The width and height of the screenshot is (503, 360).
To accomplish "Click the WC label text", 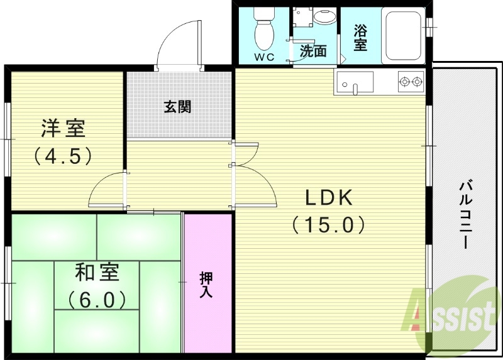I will (264, 57).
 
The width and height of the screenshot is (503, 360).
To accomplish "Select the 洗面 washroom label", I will (312, 51).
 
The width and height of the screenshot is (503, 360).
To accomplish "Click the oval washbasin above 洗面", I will (324, 16).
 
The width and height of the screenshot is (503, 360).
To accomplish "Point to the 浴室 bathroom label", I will (360, 37).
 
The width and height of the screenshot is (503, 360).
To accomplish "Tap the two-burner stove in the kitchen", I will (411, 80).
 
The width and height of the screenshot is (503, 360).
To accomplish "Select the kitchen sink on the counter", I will (355, 82).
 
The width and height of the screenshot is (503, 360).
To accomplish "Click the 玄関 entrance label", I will (178, 107).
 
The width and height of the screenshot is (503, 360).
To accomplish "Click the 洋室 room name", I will (63, 128).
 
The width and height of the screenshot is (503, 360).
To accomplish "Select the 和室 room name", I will (97, 273).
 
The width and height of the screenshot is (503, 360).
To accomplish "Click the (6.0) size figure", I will (97, 300).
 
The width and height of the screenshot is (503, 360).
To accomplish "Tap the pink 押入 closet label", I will (206, 284).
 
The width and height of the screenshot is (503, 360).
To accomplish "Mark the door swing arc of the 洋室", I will (106, 188).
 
